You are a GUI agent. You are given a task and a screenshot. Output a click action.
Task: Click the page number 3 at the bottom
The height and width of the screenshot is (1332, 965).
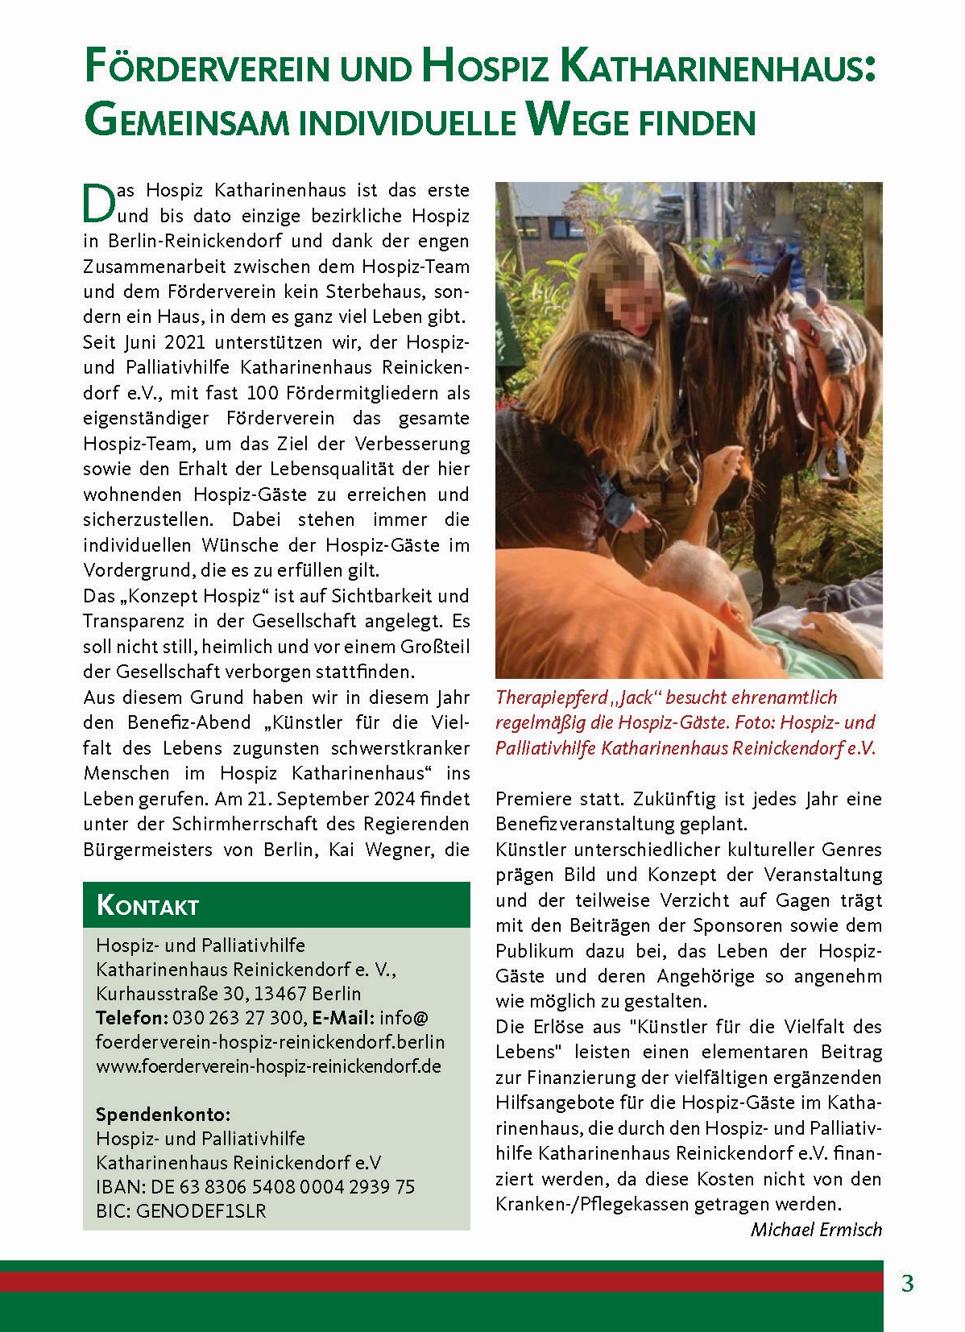click(908, 1284)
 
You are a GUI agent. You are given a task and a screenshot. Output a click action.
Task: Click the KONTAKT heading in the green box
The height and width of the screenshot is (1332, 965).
click(147, 905)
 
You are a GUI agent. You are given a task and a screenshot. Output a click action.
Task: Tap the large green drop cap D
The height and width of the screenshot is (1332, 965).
click(97, 202)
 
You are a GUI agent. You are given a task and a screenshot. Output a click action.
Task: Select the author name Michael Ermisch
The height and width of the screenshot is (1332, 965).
click(816, 1230)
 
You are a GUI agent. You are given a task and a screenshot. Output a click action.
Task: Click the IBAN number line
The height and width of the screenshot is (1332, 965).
click(255, 1186)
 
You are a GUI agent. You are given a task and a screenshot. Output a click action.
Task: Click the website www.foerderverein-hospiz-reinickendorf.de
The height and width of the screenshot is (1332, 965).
click(268, 1065)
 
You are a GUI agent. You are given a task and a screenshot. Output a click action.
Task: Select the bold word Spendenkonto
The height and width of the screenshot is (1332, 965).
click(163, 1115)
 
